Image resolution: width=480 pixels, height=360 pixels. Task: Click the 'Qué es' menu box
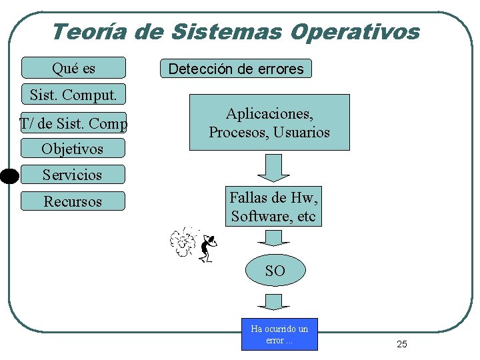coord(73,68)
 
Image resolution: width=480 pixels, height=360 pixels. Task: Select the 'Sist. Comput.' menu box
coord(73,95)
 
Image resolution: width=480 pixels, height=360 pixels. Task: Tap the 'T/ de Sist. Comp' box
coord(73,123)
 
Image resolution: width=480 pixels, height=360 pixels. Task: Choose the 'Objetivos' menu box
coord(73,148)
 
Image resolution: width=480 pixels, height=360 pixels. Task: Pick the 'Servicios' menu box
coord(73,175)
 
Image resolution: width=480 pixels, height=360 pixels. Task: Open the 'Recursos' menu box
coord(73,201)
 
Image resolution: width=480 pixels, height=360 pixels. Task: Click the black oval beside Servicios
coord(9,176)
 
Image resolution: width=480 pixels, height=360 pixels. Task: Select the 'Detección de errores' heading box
coord(236,69)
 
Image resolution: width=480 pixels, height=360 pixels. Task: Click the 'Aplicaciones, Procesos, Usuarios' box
coord(269,123)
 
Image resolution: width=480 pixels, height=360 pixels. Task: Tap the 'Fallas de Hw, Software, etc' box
coord(273,207)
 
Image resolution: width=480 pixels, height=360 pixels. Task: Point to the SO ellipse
coord(275,271)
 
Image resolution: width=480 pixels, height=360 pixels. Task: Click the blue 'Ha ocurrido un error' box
coord(279,335)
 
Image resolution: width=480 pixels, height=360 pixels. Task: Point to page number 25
coord(401,344)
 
